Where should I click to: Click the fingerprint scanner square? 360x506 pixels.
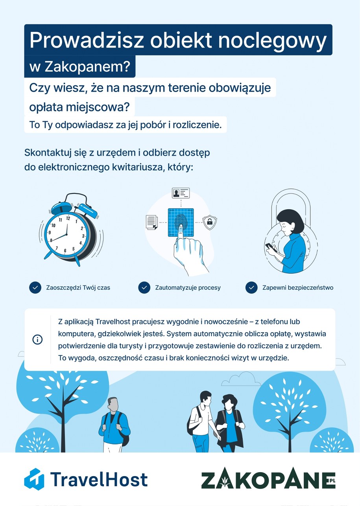pyautogui.click(x=181, y=222)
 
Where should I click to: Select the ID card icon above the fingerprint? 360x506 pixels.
pyautogui.click(x=181, y=193)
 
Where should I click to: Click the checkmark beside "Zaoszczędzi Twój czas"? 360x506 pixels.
pyautogui.click(x=35, y=287)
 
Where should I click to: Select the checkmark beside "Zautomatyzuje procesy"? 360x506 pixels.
pyautogui.click(x=144, y=287)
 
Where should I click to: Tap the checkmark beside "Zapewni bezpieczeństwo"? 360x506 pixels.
pyautogui.click(x=251, y=287)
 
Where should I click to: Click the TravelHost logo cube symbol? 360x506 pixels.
pyautogui.click(x=34, y=479)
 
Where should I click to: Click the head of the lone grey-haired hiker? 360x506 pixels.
pyautogui.click(x=113, y=404)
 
